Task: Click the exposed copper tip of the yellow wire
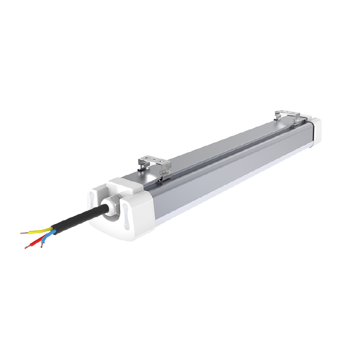[x=23, y=233]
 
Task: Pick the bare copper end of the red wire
[x=27, y=247]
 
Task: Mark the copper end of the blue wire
[x=41, y=246]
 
